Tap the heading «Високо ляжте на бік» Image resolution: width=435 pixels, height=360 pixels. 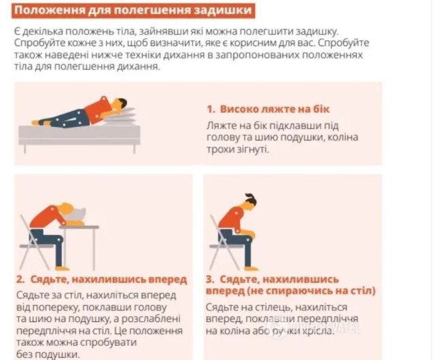point(275,109)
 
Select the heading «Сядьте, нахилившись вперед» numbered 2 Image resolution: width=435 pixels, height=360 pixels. point(109,279)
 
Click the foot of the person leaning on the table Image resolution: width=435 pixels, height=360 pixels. point(62,268)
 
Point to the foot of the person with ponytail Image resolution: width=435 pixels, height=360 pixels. point(251,268)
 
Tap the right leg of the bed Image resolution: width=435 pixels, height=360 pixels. point(135,149)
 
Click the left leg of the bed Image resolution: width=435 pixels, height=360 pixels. point(25,149)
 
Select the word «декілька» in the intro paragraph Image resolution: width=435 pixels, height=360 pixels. point(42,31)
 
